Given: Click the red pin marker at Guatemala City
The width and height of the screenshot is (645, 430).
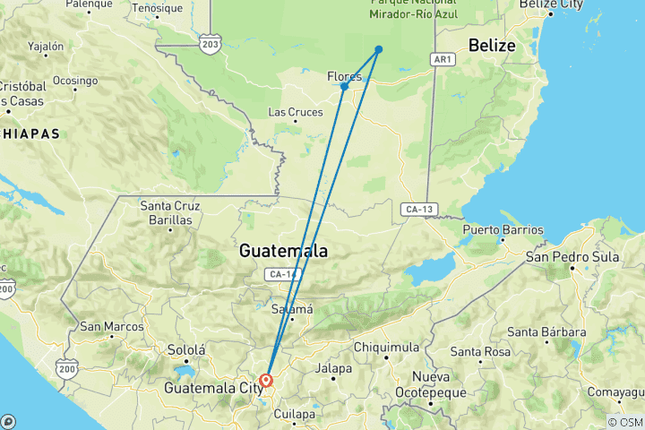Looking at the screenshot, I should pyautogui.click(x=266, y=382).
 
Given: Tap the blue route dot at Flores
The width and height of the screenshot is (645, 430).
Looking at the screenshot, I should pyautogui.click(x=344, y=87).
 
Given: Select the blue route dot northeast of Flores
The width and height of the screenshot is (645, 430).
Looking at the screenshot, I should pyautogui.click(x=379, y=49).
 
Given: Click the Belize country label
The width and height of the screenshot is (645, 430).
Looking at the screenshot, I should pyautogui.click(x=492, y=46).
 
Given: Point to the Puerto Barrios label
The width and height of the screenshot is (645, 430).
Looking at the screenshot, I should pyautogui.click(x=503, y=230).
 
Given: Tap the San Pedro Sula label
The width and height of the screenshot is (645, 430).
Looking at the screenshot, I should pyautogui.click(x=572, y=256).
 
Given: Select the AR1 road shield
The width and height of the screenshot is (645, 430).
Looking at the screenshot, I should pyautogui.click(x=441, y=60).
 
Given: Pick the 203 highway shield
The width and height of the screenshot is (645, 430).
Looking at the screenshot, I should pyautogui.click(x=210, y=44).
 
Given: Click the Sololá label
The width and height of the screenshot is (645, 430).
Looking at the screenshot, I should pyautogui.click(x=186, y=350).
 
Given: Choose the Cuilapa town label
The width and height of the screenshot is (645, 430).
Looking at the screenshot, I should pyautogui.click(x=295, y=415).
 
